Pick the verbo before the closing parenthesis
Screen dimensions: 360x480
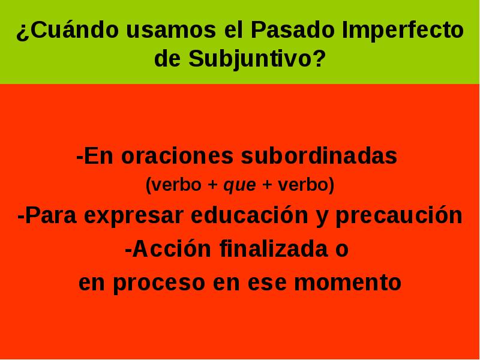[x=304, y=185]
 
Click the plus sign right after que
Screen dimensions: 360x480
[x=266, y=185]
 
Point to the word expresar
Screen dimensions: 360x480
[x=134, y=215]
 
